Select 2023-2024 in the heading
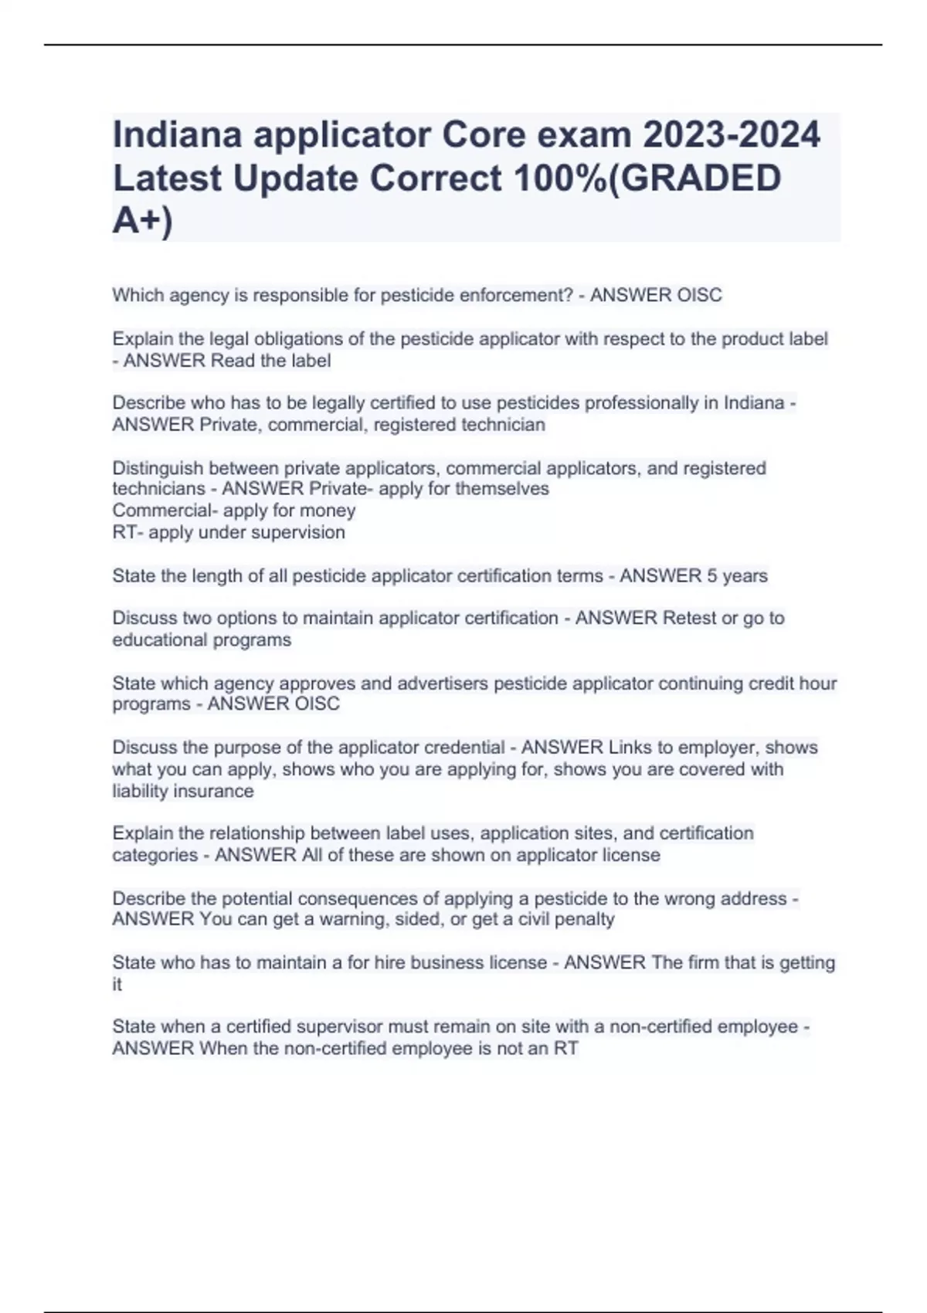pos(732,134)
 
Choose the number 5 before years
pos(712,576)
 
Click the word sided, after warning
pos(419,919)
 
